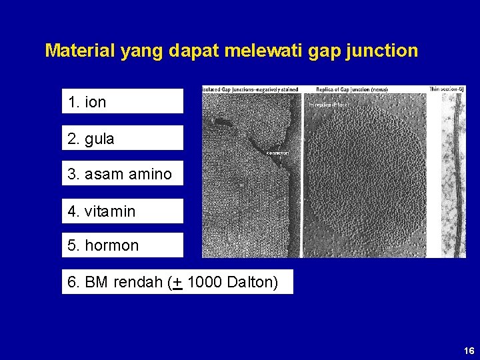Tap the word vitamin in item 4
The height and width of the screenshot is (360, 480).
pyautogui.click(x=110, y=211)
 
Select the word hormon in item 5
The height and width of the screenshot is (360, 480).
pyautogui.click(x=111, y=245)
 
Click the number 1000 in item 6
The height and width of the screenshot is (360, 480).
pyautogui.click(x=205, y=282)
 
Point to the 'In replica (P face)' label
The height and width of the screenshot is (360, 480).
pyautogui.click(x=327, y=104)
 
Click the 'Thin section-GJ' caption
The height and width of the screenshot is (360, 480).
pyautogui.click(x=447, y=89)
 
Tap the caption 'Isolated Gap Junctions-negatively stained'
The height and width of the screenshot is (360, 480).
pyautogui.click(x=251, y=89)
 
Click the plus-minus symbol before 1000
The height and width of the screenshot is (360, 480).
pyautogui.click(x=178, y=282)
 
